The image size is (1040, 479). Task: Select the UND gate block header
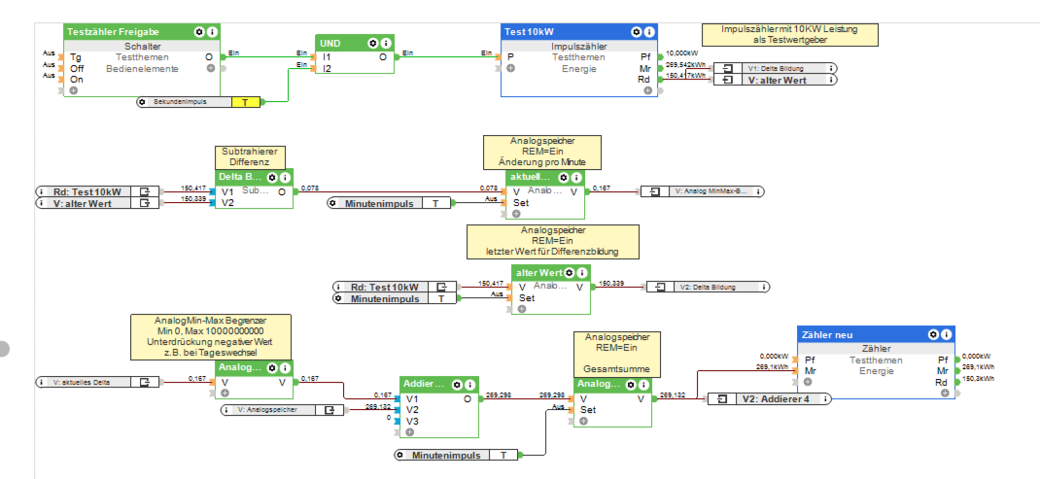tap(335, 43)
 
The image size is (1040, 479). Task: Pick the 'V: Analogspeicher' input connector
tap(283, 411)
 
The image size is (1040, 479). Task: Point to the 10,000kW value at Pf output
tap(681, 53)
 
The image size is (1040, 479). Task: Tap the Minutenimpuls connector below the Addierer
tap(457, 455)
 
